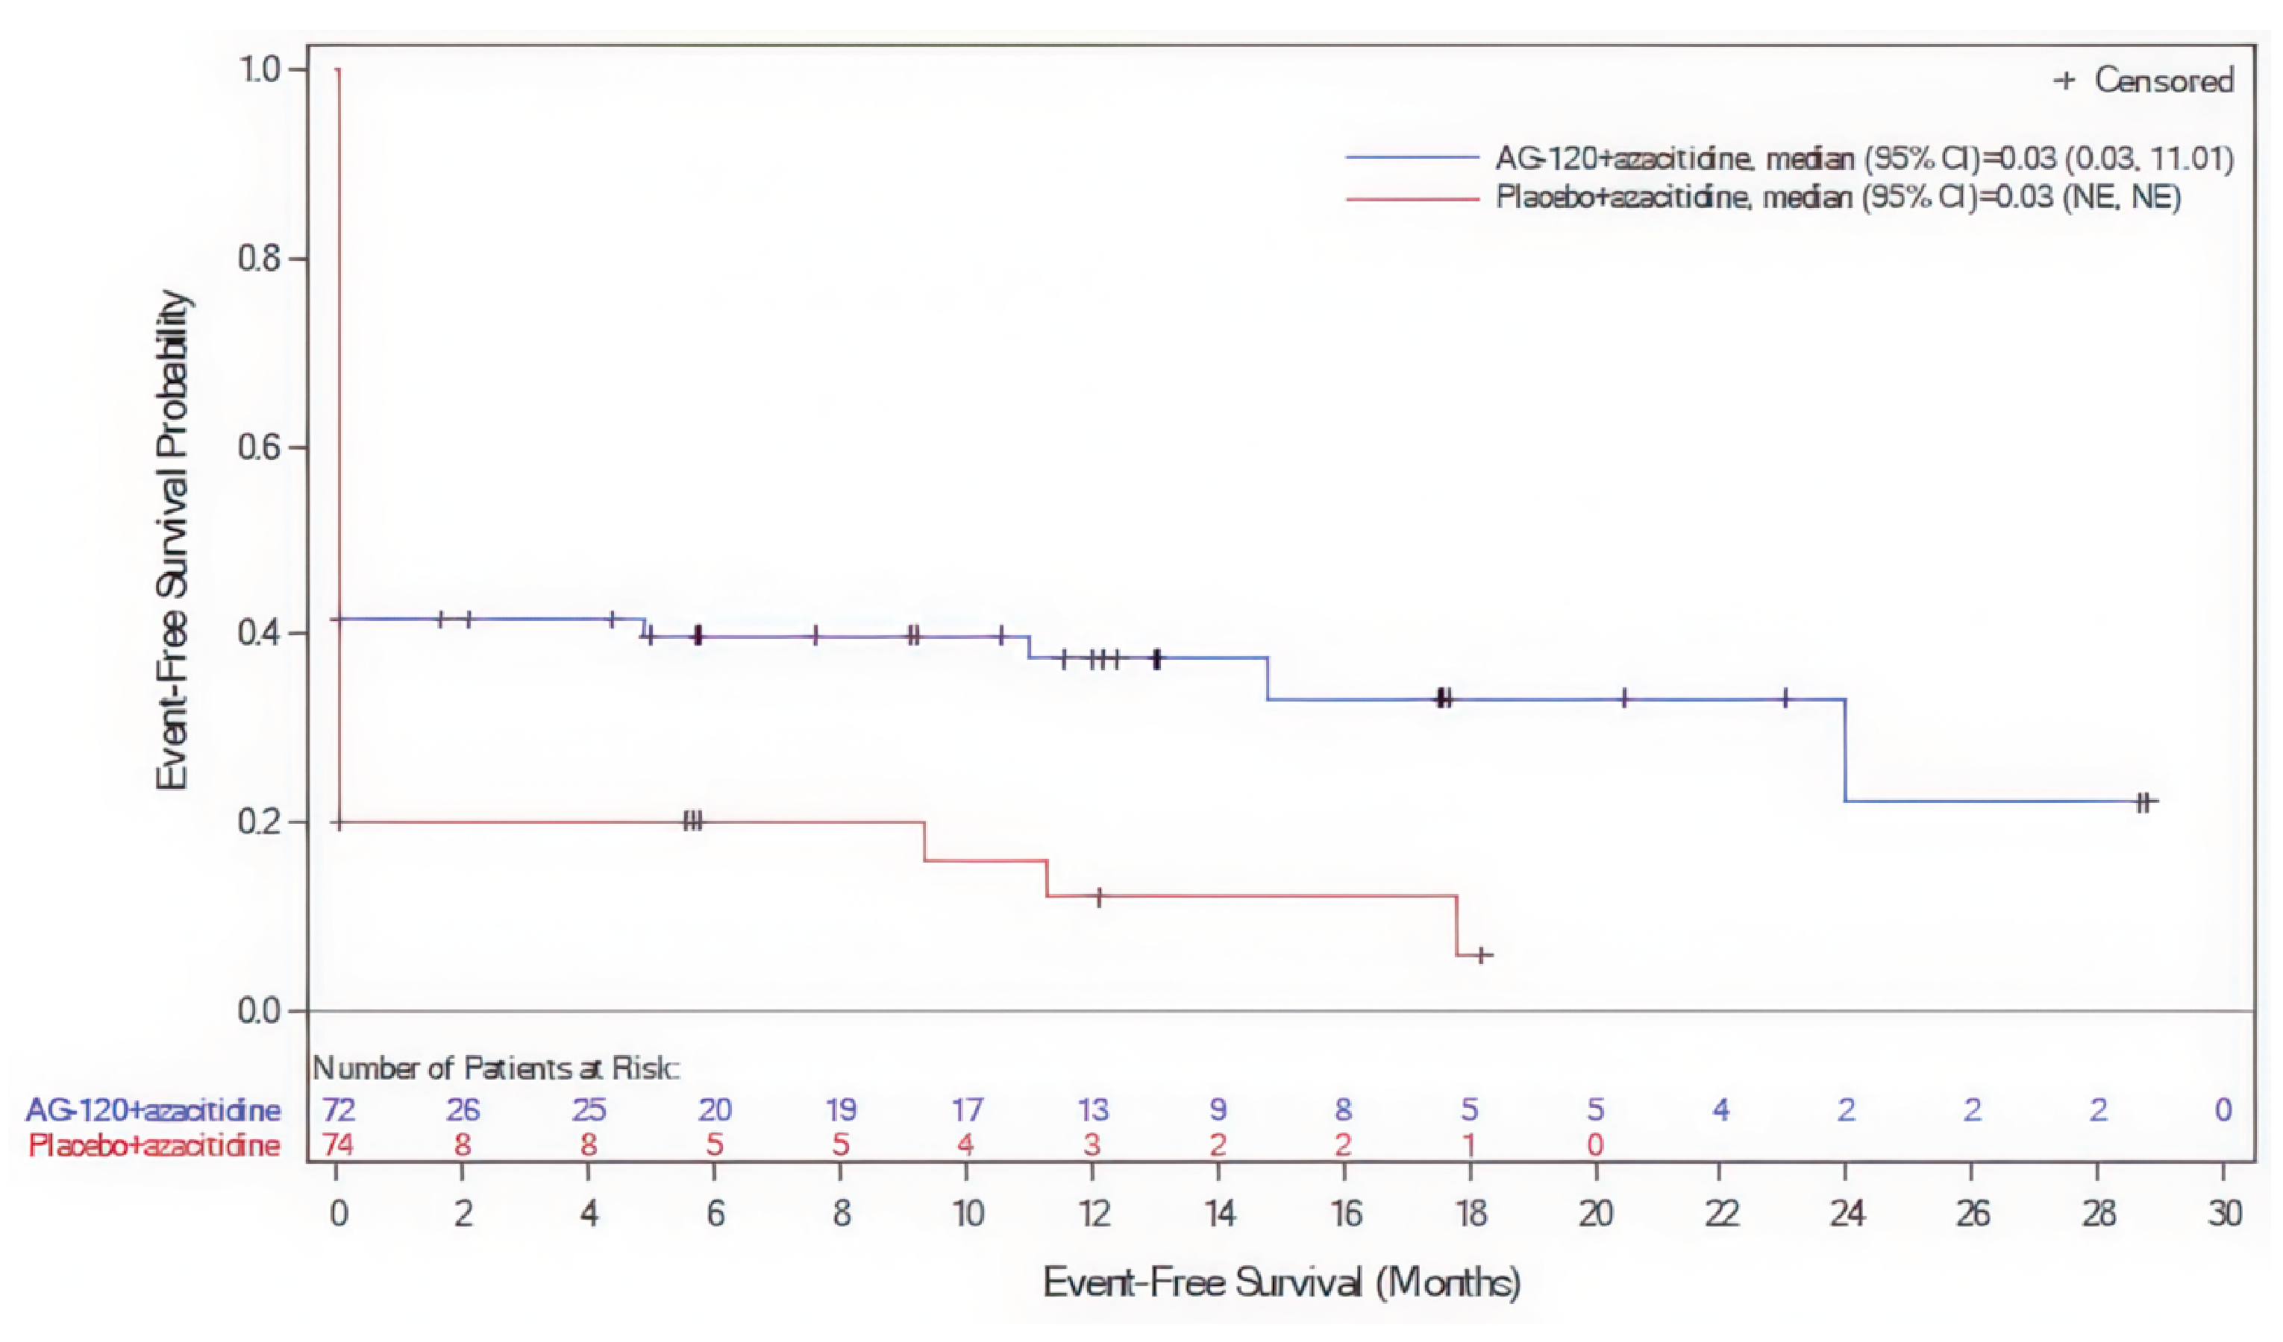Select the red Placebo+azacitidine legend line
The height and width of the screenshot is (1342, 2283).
coord(1412,198)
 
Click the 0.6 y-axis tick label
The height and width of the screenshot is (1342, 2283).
coord(257,447)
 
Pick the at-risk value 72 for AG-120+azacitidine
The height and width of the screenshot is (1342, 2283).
coord(338,1110)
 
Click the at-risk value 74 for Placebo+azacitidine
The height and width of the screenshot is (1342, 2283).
coord(338,1145)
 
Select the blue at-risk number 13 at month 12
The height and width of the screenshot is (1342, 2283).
coord(1092,1110)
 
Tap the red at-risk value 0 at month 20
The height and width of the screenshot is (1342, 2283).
coord(1595,1145)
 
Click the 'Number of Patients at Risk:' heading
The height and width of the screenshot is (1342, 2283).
coord(495,1068)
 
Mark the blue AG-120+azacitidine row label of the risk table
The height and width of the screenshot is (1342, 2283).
coord(152,1110)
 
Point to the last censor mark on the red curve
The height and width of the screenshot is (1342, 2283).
coord(1481,954)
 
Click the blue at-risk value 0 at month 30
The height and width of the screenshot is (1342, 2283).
coord(2223,1110)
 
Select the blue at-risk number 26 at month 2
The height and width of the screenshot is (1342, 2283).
coord(463,1110)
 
